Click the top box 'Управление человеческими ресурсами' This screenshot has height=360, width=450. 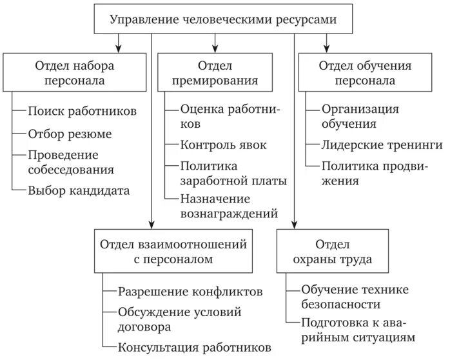[x=223, y=19]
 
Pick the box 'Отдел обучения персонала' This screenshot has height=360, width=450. [x=364, y=74]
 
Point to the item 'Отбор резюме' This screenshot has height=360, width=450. [x=70, y=134]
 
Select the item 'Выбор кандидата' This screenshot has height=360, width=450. [x=79, y=190]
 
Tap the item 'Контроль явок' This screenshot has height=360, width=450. [x=223, y=145]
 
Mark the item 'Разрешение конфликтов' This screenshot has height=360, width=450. [x=190, y=292]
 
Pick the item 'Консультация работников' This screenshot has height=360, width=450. [x=194, y=347]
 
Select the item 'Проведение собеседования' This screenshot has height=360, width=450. [x=71, y=163]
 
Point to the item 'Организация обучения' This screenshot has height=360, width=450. [x=360, y=115]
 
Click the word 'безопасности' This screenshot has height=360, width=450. [x=340, y=304]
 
